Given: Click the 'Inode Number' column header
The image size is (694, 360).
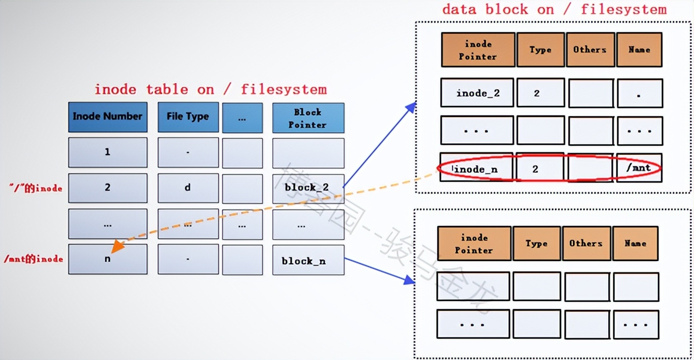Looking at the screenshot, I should pyautogui.click(x=107, y=116).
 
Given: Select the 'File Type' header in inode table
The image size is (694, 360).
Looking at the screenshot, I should pyautogui.click(x=188, y=116).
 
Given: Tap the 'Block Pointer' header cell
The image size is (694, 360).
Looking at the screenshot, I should pyautogui.click(x=308, y=118).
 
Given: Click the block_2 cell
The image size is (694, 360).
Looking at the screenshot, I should pyautogui.click(x=308, y=188).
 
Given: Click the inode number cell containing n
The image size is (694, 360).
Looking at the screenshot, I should pyautogui.click(x=107, y=259).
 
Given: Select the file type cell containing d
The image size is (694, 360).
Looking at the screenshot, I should pyautogui.click(x=188, y=188).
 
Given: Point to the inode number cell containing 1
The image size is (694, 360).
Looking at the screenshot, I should pyautogui.click(x=107, y=152).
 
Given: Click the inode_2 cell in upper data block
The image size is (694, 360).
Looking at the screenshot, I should pyautogui.click(x=477, y=93).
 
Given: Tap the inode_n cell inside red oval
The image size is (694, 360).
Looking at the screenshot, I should pyautogui.click(x=476, y=169).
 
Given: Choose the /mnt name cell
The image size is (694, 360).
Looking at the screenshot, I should pyautogui.click(x=639, y=168).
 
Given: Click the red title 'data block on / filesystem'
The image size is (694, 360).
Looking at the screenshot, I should pyautogui.click(x=554, y=10).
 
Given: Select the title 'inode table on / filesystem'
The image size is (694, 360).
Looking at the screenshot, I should pyautogui.click(x=210, y=90).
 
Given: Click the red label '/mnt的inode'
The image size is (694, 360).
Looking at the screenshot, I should pyautogui.click(x=33, y=259).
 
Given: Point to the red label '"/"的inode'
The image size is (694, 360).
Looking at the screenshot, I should pyautogui.click(x=35, y=188).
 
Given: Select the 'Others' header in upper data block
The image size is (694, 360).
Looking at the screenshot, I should pyautogui.click(x=590, y=49).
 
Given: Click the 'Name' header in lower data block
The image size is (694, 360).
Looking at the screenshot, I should pyautogui.click(x=634, y=243).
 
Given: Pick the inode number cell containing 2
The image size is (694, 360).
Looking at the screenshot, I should pyautogui.click(x=107, y=188).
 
